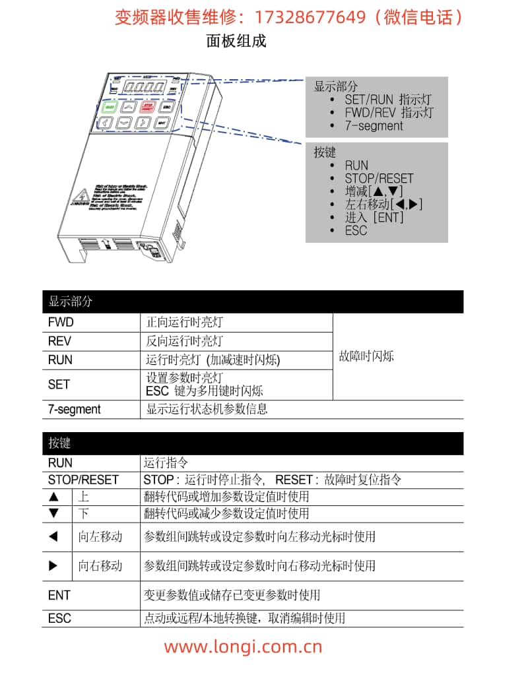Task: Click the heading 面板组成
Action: click(236, 41)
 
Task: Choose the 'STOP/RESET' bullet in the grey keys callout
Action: click(379, 178)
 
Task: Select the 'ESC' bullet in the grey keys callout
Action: click(356, 230)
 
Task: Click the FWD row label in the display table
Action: click(61, 323)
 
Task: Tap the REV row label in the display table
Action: click(59, 341)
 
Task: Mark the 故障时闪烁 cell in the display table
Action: click(366, 356)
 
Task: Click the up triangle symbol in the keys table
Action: click(54, 497)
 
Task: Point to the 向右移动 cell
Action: click(100, 566)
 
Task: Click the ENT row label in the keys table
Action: click(59, 595)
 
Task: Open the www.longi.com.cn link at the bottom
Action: click(243, 646)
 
